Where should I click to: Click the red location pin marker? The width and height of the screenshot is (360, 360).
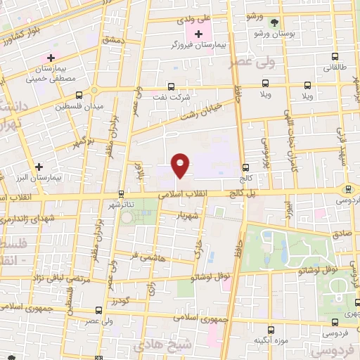[x=181, y=165]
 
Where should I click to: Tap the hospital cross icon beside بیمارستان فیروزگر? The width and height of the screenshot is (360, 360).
[x=199, y=34]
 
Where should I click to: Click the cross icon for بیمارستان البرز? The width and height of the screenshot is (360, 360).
[x=39, y=167]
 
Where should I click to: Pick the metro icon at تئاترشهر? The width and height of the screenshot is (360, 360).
[x=121, y=193]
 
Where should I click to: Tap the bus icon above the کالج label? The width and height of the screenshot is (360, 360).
[x=246, y=167]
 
